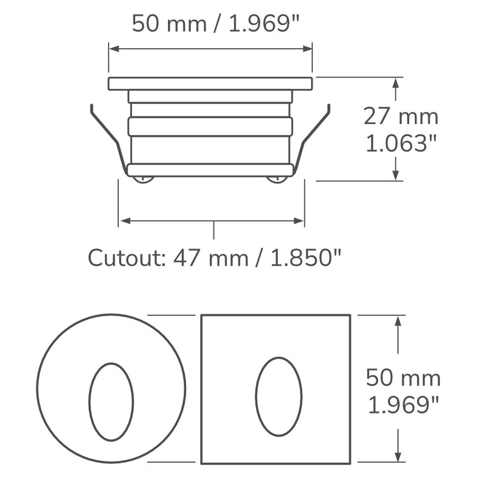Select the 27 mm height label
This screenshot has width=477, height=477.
coord(401,116)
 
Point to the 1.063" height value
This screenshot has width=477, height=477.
coord(401,143)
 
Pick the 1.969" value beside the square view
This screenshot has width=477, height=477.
coord(404,405)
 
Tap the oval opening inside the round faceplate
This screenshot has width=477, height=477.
coord(111,401)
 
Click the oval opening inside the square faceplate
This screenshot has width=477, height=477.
coord(279,395)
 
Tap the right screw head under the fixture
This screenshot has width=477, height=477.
coord(277,179)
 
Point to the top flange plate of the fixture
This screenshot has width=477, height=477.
coord(210,83)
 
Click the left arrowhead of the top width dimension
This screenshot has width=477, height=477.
coord(114,49)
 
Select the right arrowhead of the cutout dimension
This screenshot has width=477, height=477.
coord(299,220)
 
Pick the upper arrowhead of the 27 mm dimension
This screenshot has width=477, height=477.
coord(395,83)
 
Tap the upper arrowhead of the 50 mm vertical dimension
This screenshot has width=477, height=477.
coord(397,321)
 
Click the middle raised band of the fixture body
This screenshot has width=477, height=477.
coord(210,126)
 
